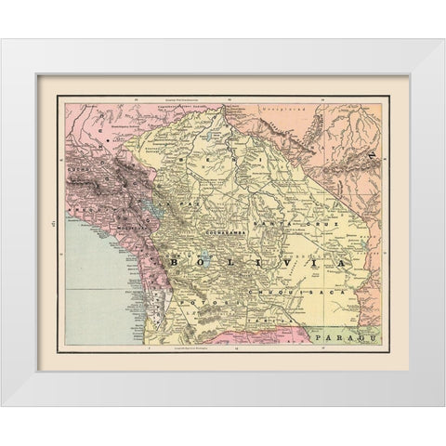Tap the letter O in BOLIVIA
pyautogui.click(x=202, y=264)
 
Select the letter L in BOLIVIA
pyautogui.click(x=229, y=264)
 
